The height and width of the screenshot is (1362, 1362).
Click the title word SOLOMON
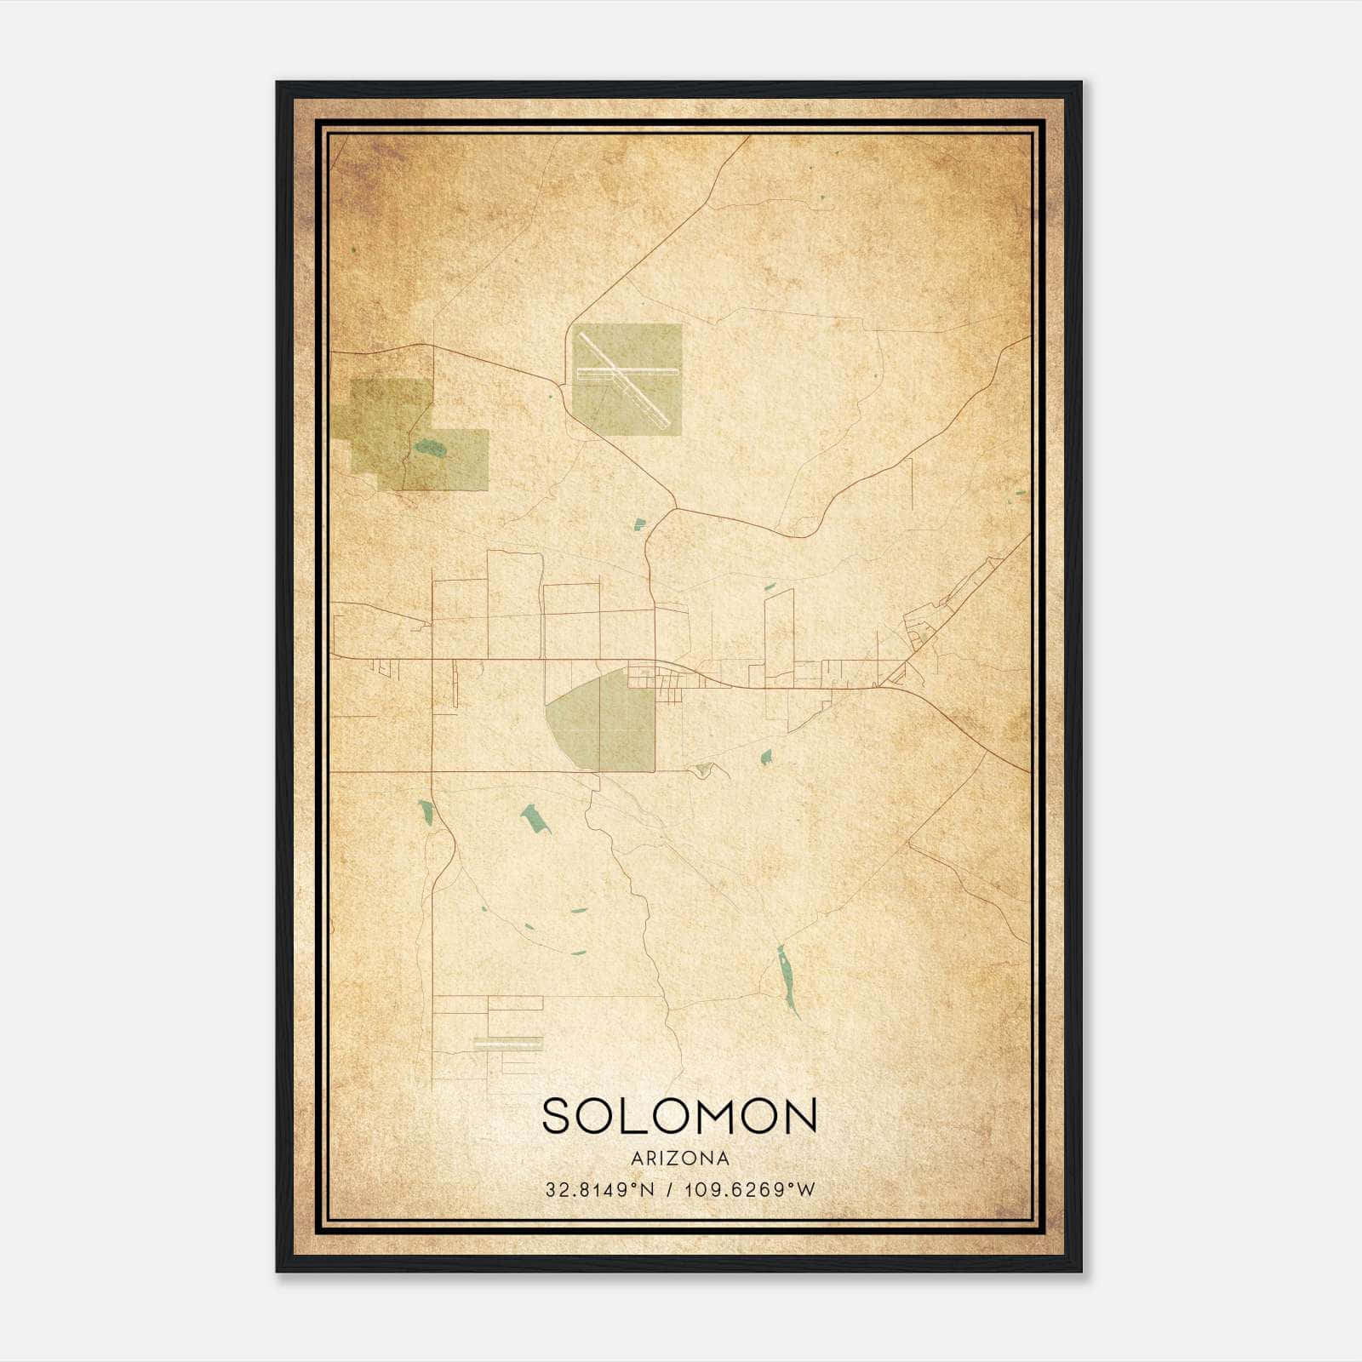[x=679, y=1116]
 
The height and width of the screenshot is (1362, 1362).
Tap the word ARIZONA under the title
[x=679, y=1159]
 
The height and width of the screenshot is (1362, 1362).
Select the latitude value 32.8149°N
[x=600, y=1189]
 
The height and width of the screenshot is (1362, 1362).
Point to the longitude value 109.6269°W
[x=750, y=1189]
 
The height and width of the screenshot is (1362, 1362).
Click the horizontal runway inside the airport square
[x=627, y=372]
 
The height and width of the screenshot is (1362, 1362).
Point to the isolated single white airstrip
[x=507, y=1041]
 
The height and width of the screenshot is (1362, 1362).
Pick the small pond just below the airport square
[x=638, y=524]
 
